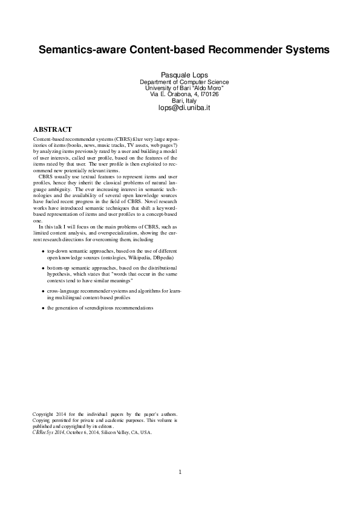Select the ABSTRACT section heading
(53, 129)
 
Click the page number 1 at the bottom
(180, 472)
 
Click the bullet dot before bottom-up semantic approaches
(42, 268)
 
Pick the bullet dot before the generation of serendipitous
(42, 308)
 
